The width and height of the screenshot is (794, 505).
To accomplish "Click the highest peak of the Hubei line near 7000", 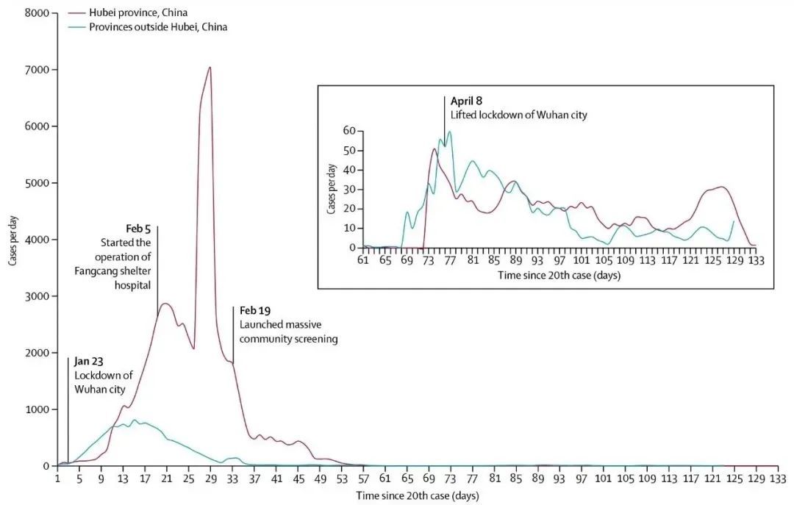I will [x=210, y=68].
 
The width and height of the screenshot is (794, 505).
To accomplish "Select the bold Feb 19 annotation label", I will [x=255, y=310].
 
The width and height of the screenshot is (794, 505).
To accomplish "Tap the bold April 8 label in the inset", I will [x=467, y=101].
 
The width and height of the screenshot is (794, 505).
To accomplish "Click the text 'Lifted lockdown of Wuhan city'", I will [x=519, y=115].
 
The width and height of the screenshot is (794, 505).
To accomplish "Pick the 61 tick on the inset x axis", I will [x=363, y=260].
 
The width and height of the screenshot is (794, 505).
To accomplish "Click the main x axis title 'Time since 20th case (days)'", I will [x=417, y=495].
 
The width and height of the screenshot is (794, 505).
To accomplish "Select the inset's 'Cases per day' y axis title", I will [x=332, y=190].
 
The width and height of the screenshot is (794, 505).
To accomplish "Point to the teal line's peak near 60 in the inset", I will [x=448, y=132].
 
